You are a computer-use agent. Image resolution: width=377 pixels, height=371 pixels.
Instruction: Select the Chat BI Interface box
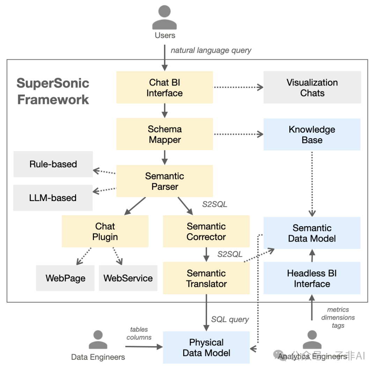click(164, 88)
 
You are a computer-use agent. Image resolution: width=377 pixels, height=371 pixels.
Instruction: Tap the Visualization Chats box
click(312, 88)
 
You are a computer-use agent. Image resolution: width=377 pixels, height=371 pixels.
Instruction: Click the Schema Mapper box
click(164, 134)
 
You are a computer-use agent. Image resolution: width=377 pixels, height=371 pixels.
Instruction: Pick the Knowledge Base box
click(312, 135)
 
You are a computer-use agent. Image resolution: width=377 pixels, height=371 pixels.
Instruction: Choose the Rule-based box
click(53, 164)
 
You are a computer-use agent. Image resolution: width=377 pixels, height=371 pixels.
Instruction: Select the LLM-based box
click(53, 198)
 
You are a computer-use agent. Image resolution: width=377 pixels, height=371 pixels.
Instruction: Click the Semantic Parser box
click(164, 181)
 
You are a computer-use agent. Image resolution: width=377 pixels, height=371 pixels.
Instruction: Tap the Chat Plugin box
click(105, 231)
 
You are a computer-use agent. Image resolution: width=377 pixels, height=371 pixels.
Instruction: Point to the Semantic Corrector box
click(206, 231)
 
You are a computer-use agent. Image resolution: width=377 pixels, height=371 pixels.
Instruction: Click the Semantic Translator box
click(206, 278)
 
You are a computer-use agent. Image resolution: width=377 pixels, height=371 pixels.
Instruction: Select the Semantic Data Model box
click(312, 233)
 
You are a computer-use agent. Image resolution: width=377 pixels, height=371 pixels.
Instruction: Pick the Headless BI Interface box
click(312, 278)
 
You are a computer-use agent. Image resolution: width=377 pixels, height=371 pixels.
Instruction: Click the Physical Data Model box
click(206, 347)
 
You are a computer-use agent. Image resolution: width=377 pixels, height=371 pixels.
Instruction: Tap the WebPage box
click(65, 278)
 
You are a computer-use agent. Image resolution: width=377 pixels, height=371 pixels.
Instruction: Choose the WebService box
click(128, 278)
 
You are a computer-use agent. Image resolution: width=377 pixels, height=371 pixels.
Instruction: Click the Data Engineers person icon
click(98, 340)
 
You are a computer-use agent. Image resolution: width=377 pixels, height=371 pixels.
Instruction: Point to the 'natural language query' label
click(211, 50)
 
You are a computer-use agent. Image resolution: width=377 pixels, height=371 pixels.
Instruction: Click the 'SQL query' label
click(230, 319)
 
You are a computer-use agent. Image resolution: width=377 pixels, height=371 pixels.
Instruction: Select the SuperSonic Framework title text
click(53, 91)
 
